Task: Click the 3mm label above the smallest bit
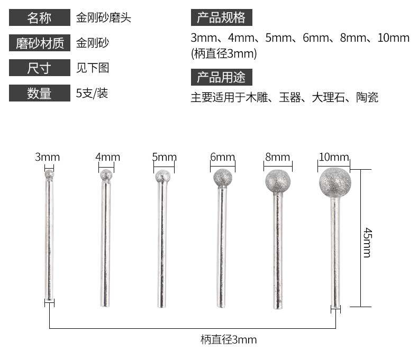[48, 157]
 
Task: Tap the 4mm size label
[107, 157]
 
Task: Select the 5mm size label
[164, 157]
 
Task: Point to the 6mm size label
[222, 157]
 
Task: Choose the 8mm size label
[278, 157]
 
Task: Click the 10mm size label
[334, 157]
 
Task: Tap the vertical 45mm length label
[367, 242]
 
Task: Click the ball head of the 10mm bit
[335, 182]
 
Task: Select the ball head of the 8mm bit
[278, 181]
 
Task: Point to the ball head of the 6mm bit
[223, 178]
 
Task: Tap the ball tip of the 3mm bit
[49, 173]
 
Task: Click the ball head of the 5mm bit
[163, 177]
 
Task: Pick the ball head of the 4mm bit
[106, 175]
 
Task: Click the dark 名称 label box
[40, 18]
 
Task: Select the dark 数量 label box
[40, 94]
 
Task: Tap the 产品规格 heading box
[221, 18]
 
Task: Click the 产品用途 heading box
[221, 77]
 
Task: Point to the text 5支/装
[92, 94]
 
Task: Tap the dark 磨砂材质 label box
[40, 43]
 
